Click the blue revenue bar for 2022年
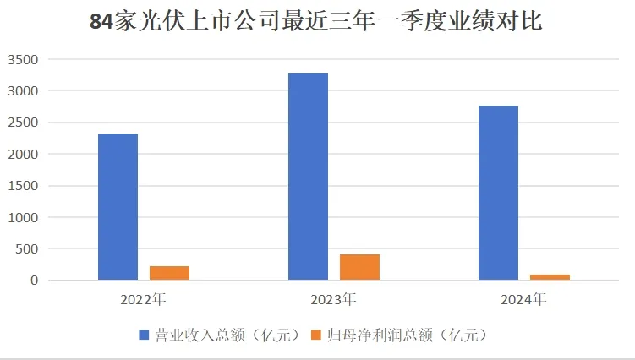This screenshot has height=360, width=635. tap(118, 206)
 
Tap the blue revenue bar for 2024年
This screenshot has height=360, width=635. tap(498, 193)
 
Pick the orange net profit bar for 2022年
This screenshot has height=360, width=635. tap(169, 273)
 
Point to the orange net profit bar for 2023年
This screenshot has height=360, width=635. tap(359, 267)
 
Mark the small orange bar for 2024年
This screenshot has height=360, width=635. tap(550, 277)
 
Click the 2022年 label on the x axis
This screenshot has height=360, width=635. tap(144, 298)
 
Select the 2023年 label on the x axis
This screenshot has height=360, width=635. tap(334, 298)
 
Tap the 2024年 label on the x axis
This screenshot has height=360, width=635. tap(524, 298)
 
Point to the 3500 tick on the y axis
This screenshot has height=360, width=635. tap(23, 59)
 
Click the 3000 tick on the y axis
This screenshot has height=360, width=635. tap(23, 91)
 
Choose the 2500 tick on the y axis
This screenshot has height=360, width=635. tap(23, 123)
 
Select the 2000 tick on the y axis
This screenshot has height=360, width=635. tap(23, 155)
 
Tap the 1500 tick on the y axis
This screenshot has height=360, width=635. tap(23, 186)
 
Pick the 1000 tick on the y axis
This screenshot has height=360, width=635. tap(23, 217)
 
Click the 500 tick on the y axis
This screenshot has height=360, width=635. tap(26, 249)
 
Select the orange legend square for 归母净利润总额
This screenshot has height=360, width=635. tap(318, 335)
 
